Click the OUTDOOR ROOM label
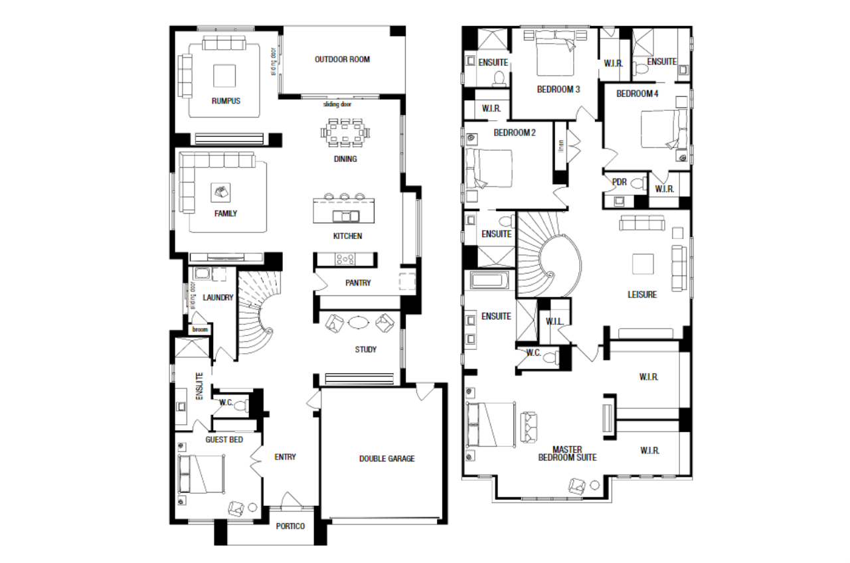(342, 60)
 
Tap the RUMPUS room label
(226, 102)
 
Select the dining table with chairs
(345, 133)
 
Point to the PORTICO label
(290, 526)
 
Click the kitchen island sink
(346, 216)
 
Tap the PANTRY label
(357, 283)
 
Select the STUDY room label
(365, 350)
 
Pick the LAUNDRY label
(218, 298)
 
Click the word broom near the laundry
(200, 329)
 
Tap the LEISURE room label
(642, 295)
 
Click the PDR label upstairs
(619, 183)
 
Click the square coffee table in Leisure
(642, 264)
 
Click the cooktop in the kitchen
(346, 260)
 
